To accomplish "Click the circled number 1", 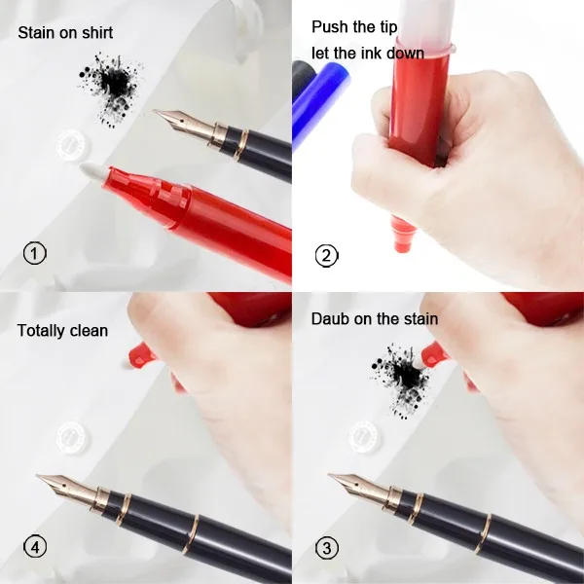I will [34, 254].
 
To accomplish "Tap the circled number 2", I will [326, 256].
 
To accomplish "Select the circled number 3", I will [326, 548].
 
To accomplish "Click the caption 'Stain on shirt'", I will [65, 33].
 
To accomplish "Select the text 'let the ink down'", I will [368, 53].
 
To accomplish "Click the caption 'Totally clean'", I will [62, 331].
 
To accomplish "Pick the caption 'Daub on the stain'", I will [375, 318].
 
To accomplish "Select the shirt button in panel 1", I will [71, 145].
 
